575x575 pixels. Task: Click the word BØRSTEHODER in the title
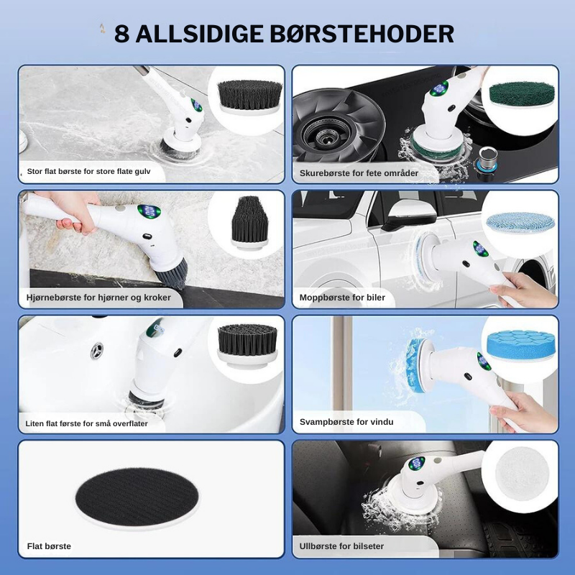point(362,34)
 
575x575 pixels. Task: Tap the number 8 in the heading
point(121,34)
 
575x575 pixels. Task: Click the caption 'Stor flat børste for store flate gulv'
point(88,171)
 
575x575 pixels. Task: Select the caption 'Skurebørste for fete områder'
point(359,173)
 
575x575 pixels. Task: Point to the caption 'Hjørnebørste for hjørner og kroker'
point(98,298)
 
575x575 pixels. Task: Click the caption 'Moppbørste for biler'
point(342,298)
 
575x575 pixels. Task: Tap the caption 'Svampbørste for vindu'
point(346,422)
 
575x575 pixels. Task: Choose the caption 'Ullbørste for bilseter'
point(341,546)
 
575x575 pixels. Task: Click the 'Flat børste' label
point(49,546)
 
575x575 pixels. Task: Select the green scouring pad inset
point(522,95)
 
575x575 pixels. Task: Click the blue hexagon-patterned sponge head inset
point(520,345)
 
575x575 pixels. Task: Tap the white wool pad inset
point(523,473)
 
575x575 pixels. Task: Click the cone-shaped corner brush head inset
point(249,223)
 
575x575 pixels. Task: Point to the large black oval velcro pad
point(137,497)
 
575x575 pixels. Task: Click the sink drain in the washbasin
point(97,350)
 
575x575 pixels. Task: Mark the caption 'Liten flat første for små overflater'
point(86,423)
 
